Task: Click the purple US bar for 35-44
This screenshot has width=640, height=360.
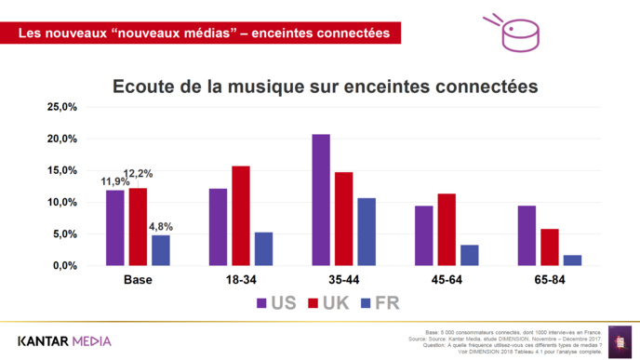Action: coord(321,200)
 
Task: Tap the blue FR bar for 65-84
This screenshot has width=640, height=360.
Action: coord(572,260)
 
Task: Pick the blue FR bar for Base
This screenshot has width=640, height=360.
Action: coord(161,250)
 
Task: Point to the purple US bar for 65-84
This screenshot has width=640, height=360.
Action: coord(527,235)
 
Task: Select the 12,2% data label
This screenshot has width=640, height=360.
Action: coord(139,174)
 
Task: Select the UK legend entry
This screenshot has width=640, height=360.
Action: coord(326,303)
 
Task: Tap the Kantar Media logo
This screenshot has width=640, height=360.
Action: coord(64,340)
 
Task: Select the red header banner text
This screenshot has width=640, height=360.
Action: coord(204,33)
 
